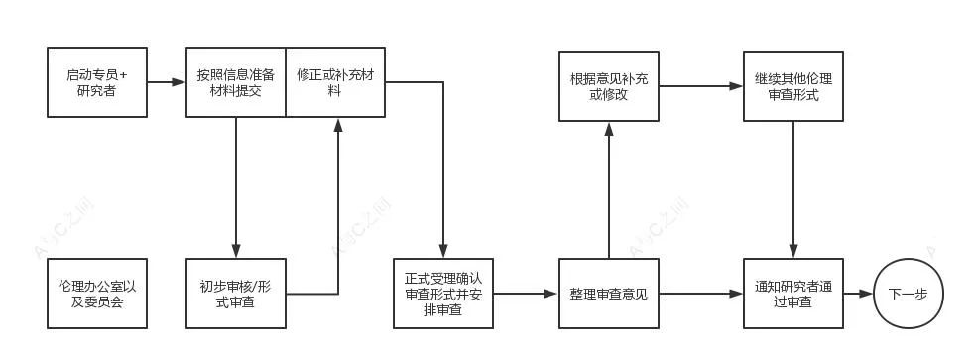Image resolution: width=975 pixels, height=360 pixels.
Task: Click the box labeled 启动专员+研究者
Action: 97,82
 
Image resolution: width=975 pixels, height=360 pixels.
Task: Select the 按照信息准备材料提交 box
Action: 236,82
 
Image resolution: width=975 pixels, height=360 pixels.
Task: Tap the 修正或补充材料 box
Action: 334,82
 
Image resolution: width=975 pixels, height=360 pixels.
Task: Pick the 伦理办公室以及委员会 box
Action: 97,294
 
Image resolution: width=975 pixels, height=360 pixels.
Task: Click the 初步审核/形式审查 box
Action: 236,294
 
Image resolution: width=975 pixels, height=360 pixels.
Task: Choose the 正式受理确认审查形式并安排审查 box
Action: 442,294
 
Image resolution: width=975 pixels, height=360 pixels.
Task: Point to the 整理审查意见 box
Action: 609,294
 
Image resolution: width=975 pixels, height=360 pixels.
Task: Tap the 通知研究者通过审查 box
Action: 792,294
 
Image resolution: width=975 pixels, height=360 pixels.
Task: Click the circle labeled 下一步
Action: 908,294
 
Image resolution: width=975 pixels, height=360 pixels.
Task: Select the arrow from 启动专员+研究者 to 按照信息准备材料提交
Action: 167,82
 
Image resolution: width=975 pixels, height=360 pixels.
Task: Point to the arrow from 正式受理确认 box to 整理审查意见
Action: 526,294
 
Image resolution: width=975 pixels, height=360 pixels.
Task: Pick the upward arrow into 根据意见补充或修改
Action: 609,188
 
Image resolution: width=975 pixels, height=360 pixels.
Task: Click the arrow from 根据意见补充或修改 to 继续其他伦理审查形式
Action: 700,86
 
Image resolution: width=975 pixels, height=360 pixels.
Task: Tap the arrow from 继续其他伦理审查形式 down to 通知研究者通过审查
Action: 792,188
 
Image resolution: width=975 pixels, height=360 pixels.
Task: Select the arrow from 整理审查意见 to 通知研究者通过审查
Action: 700,294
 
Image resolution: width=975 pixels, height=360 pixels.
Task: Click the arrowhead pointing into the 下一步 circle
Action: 866,294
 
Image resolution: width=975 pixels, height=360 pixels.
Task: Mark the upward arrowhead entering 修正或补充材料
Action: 338,124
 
